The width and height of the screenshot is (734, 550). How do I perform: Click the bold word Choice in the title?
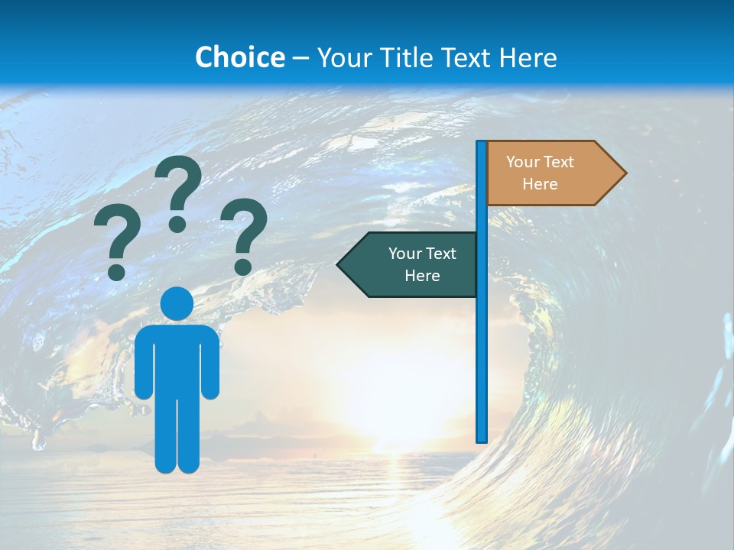coord(239,57)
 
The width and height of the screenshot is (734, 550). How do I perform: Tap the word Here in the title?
coord(527,57)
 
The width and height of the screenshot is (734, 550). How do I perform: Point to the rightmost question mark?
coord(244,235)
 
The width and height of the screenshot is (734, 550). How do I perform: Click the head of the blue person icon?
coord(177,303)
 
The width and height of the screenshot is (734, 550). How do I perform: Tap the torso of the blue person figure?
coord(177,359)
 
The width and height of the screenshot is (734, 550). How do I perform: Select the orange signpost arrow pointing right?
coord(550,173)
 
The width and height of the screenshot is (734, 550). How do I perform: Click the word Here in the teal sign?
coord(422,276)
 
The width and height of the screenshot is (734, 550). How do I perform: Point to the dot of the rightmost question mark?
coord(242,267)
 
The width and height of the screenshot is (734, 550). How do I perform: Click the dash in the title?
coord(300,58)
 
